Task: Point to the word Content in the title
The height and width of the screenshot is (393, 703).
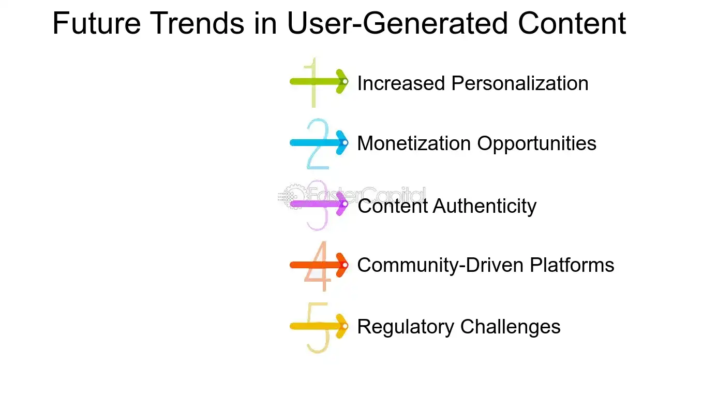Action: pyautogui.click(x=567, y=24)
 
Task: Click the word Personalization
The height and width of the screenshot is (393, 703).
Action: pyautogui.click(x=520, y=83)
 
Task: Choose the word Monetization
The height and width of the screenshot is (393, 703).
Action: pyautogui.click(x=414, y=143)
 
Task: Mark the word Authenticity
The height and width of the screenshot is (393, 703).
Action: pyautogui.click(x=485, y=206)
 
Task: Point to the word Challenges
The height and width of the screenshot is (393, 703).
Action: pyautogui.click(x=510, y=327)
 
